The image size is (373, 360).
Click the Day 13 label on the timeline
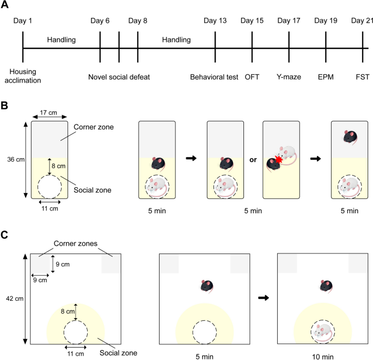[215, 21]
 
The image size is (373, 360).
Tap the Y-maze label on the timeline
[289, 77]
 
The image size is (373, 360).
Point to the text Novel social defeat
[119, 77]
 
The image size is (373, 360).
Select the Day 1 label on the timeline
[23, 21]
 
